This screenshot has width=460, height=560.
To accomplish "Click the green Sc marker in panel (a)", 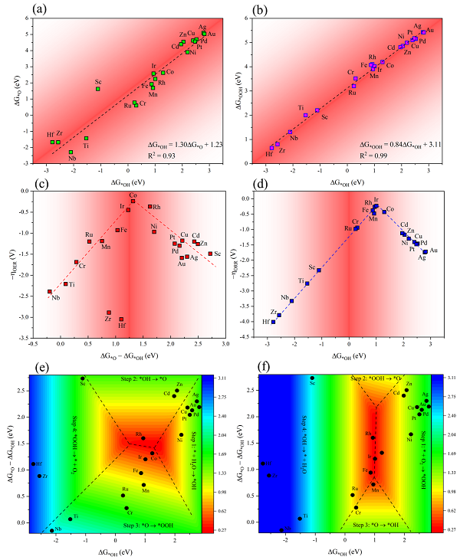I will [98, 89].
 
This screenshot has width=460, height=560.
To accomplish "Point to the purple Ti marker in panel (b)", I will [306, 115].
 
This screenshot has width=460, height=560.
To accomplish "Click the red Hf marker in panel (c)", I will [121, 319].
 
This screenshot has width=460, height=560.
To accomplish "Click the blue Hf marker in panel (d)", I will [274, 322].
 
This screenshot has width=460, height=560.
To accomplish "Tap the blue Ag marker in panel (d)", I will [425, 251].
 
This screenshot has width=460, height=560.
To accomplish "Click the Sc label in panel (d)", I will [312, 267].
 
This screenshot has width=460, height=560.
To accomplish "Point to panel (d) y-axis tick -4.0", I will [255, 323].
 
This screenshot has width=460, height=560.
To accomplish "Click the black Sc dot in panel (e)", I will [83, 378].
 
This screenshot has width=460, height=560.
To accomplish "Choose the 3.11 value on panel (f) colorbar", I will [445, 377].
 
